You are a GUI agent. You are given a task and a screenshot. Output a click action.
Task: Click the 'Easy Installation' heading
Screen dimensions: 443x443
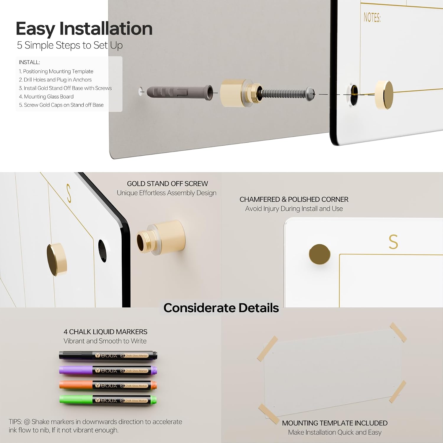point(84,29)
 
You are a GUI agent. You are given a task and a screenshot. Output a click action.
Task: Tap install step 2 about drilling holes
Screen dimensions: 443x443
point(55,80)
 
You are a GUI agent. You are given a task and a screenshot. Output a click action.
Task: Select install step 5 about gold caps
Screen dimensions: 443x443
point(61,105)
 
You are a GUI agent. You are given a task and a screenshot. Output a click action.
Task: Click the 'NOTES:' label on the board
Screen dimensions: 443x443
point(372,18)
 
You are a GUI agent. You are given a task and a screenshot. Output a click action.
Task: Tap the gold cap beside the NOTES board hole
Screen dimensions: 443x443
point(384,95)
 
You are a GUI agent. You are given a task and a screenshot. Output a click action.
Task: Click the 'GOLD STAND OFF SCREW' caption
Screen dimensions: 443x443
point(167,184)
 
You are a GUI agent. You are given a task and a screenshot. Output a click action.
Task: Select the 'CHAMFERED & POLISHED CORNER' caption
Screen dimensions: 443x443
point(294,199)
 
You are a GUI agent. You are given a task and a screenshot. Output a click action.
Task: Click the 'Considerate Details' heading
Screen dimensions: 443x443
point(221,308)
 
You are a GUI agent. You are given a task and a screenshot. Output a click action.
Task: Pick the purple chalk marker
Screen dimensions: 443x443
point(108,370)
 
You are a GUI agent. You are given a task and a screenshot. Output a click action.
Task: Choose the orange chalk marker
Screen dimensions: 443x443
point(108,385)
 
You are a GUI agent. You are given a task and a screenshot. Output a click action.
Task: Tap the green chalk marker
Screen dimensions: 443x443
point(108,400)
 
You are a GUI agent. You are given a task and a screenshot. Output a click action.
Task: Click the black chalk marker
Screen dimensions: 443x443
point(108,355)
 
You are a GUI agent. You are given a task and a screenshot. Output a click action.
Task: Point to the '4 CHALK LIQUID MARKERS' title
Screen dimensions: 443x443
point(105,332)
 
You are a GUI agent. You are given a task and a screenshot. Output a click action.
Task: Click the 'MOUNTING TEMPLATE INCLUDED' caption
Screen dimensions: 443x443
point(335,423)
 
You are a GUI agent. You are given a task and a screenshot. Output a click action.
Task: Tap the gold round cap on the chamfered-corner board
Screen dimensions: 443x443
point(320,254)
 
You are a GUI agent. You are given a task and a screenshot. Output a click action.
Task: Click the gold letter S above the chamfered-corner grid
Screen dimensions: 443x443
point(393,242)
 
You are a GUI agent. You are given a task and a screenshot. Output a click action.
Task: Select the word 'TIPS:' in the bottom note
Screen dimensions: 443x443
point(15,422)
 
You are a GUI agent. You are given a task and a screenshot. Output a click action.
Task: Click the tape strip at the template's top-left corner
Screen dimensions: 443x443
point(267,348)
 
